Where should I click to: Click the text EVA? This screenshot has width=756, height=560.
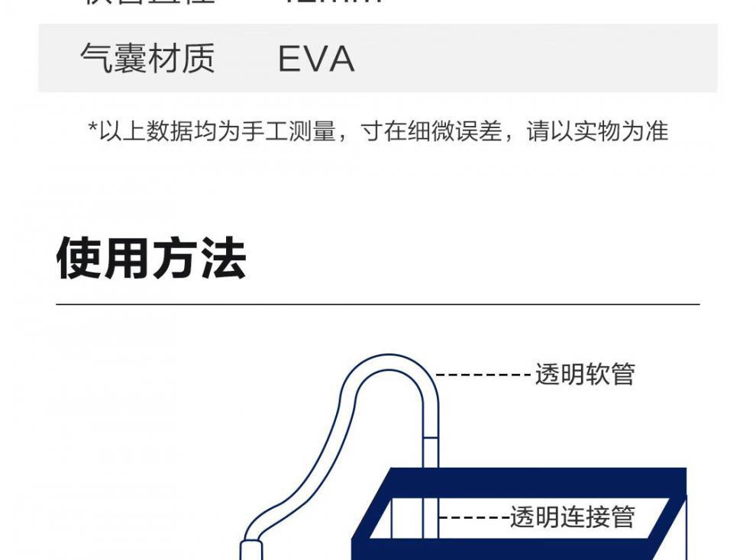pyautogui.click(x=316, y=59)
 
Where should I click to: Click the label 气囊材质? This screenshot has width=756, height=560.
pyautogui.click(x=147, y=59)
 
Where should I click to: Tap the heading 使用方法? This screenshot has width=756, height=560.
pyautogui.click(x=151, y=259)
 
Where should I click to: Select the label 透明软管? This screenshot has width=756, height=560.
pyautogui.click(x=585, y=375)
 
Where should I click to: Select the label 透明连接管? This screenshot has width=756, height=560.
pyautogui.click(x=573, y=517)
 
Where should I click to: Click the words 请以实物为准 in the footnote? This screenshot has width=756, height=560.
pyautogui.click(x=598, y=131)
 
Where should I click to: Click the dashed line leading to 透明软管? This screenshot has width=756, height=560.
pyautogui.click(x=484, y=375)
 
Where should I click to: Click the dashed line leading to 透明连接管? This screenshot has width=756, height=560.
pyautogui.click(x=473, y=517)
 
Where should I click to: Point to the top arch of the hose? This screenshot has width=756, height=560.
pyautogui.click(x=389, y=359)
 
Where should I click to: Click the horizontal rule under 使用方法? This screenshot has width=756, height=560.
pyautogui.click(x=377, y=304)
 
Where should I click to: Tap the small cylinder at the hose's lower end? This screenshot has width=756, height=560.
pyautogui.click(x=252, y=550)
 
